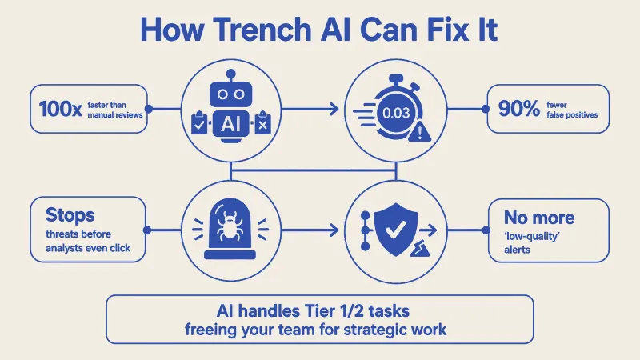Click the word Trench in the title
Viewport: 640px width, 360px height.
(262, 30)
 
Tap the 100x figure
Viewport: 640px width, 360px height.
(60, 109)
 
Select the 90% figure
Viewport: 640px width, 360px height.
(518, 109)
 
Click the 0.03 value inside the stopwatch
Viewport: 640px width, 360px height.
(396, 113)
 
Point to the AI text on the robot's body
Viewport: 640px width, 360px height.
(230, 124)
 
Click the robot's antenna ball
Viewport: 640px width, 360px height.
(231, 74)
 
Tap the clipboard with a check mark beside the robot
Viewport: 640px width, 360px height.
(199, 123)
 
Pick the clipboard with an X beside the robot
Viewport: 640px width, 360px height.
(262, 123)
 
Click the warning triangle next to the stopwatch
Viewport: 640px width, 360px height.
(419, 133)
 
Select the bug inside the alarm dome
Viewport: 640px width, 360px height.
(230, 226)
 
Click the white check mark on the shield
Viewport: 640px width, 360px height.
(395, 230)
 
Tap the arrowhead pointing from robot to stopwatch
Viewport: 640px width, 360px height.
(334, 109)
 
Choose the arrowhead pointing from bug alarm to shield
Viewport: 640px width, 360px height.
(334, 230)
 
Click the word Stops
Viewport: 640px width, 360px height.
(70, 215)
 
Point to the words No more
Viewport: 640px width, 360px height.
(539, 218)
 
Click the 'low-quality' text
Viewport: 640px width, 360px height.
(531, 236)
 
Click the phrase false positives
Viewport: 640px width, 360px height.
(572, 115)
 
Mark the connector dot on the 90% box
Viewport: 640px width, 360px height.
(486, 109)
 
